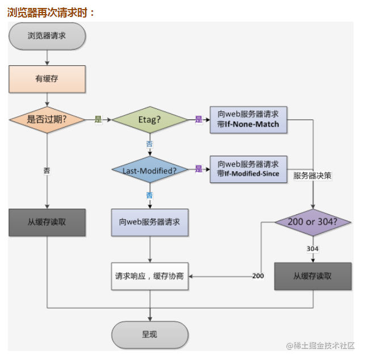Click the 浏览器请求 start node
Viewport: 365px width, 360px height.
click(x=47, y=36)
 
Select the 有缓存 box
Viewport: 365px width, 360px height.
click(x=47, y=79)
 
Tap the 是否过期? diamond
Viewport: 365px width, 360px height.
click(x=47, y=120)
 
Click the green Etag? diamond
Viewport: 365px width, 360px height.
click(x=150, y=120)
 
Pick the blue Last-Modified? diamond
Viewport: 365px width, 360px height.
click(x=150, y=170)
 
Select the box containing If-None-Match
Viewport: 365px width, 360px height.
click(x=249, y=120)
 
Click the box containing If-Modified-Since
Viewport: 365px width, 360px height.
click(x=249, y=170)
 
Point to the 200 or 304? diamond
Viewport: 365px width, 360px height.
click(x=313, y=222)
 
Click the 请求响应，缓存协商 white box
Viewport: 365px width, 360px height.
click(x=150, y=276)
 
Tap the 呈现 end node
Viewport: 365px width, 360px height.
click(x=150, y=335)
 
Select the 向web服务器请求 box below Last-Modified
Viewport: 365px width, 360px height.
click(x=150, y=222)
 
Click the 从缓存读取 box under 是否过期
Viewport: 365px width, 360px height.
click(x=47, y=222)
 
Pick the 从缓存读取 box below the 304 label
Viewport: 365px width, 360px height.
click(x=313, y=276)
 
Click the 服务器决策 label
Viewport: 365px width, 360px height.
click(x=312, y=176)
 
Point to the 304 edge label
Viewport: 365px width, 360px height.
click(x=313, y=249)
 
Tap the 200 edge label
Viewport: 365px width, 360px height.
click(x=258, y=276)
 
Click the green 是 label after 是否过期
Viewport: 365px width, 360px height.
click(x=98, y=120)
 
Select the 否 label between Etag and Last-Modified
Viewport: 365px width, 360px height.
click(x=149, y=144)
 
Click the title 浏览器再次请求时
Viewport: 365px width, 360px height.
click(x=51, y=12)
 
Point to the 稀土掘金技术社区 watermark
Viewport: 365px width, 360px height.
click(x=320, y=346)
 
